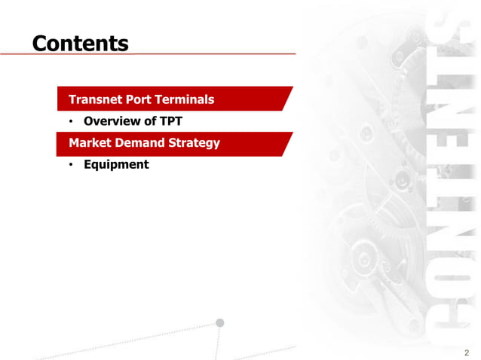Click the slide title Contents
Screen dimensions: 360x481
(80, 43)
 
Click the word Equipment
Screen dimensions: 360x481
(116, 164)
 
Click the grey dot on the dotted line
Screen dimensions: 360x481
(220, 322)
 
